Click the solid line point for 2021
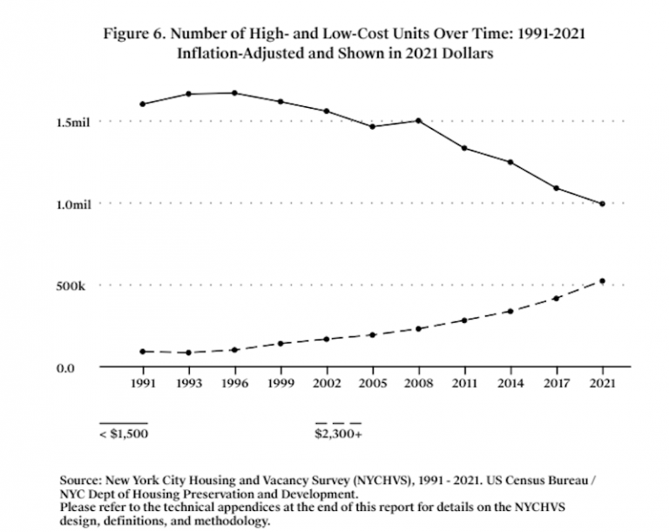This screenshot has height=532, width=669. pos(602,204)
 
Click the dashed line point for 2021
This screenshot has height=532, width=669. pos(602,281)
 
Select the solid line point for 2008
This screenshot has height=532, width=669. pos(418,120)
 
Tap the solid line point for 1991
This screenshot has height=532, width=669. pos(142,104)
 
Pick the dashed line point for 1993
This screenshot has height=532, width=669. pos(188,353)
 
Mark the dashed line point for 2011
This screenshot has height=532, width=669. pos(464,320)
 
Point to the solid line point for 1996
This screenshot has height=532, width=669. pos(234,93)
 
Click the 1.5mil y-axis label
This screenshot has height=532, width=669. pos(73,122)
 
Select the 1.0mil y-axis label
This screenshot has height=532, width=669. pos(73,204)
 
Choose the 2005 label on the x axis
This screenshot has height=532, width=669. pos(372,382)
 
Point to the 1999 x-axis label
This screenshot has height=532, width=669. pos(280,382)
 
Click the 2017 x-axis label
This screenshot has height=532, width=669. pos(556,382)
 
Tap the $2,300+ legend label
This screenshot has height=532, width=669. pos(338,432)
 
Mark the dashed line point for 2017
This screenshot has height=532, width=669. pos(556,299)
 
